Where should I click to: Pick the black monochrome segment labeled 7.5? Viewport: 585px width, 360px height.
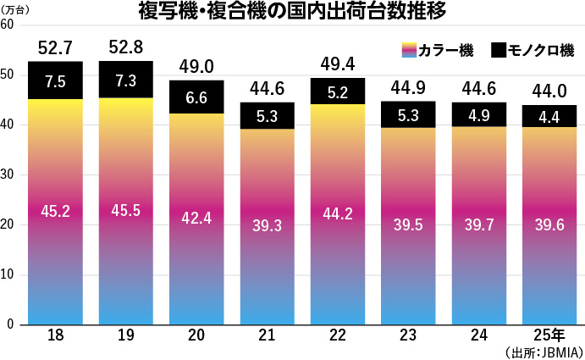click(x=55, y=80)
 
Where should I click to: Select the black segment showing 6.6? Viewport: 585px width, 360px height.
click(x=196, y=97)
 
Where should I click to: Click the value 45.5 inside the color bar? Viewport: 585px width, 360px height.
click(x=126, y=211)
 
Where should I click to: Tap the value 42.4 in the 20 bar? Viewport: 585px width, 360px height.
click(x=196, y=217)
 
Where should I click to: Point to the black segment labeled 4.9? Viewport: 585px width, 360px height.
click(x=480, y=114)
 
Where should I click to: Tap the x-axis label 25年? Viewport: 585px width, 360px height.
click(x=552, y=335)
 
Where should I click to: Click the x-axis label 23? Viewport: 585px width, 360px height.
click(x=409, y=335)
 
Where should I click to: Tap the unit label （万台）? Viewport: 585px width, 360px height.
click(x=17, y=8)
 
